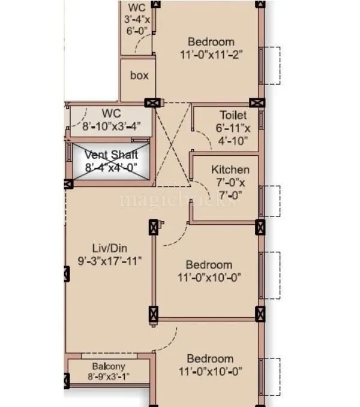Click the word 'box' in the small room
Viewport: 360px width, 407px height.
coord(139,76)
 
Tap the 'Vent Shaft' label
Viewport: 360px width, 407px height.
coord(111,155)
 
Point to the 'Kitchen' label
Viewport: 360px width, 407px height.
coord(230,170)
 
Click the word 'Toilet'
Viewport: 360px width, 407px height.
coord(233,114)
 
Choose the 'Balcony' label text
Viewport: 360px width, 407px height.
coord(108,366)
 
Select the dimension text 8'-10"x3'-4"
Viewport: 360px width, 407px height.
coord(111,126)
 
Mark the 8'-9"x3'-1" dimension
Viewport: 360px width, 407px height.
coord(108,377)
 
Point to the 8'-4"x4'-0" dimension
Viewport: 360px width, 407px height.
coord(111,168)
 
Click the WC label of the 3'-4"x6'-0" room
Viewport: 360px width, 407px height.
coord(137,7)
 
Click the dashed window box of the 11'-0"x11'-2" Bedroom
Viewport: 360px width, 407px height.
coord(272,65)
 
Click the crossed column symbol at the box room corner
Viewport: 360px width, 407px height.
coord(152,103)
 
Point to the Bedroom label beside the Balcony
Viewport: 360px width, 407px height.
coord(209,358)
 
